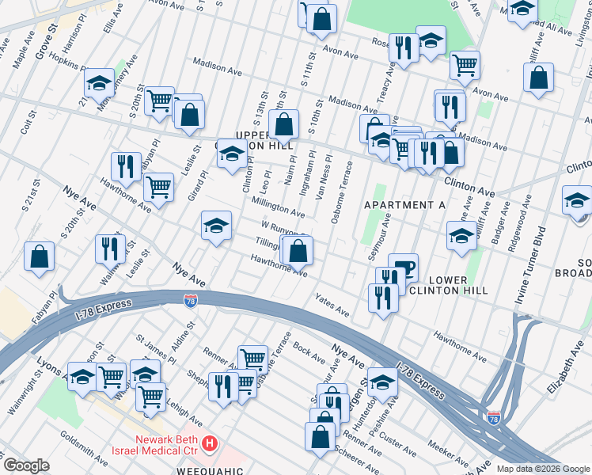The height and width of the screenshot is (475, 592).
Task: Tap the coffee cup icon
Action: (404, 267)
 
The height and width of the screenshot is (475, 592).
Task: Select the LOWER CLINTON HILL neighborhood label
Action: (457, 286)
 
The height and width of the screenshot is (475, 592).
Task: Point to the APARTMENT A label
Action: (404, 205)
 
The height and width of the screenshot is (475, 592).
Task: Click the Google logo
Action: (26, 465)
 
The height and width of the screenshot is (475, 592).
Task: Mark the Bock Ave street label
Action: (305, 346)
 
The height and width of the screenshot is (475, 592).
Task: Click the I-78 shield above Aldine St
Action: (190, 301)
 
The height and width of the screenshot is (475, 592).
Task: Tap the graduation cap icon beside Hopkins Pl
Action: (100, 82)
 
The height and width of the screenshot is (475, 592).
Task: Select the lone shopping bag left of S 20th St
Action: (39, 257)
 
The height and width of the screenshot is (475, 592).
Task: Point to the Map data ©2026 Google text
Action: (542, 469)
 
